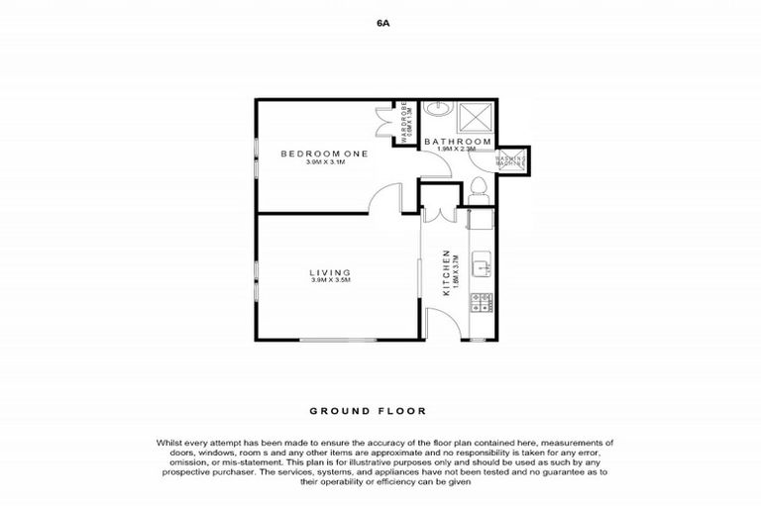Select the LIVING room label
click(330, 272)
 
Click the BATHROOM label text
click(458, 143)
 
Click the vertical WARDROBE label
click(405, 121)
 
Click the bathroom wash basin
click(435, 110)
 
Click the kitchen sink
click(480, 266)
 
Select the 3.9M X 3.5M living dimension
click(330, 282)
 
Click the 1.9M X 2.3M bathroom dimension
click(458, 151)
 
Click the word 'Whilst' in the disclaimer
click(170, 442)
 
